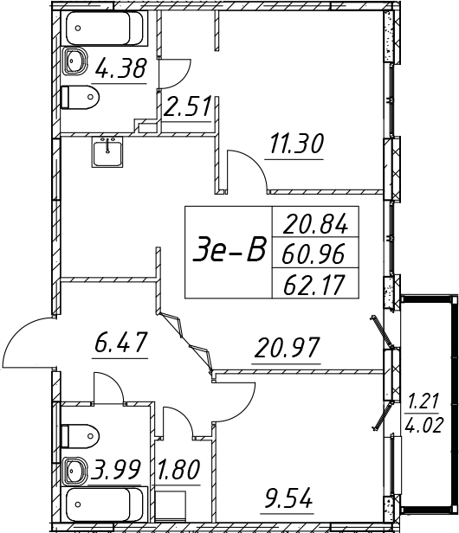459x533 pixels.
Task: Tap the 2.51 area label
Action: tap(187, 106)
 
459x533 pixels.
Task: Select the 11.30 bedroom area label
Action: tap(295, 144)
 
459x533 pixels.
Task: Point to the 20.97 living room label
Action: tap(287, 348)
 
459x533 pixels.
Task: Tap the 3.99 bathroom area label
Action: tap(114, 470)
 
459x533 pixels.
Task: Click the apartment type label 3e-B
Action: tap(229, 252)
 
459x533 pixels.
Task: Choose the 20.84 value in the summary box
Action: tap(315, 223)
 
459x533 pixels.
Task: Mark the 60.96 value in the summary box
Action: tap(313, 254)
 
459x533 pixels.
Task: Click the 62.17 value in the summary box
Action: tap(314, 285)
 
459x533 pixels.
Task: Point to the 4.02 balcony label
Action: tap(424, 425)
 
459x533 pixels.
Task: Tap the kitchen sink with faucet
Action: tap(107, 151)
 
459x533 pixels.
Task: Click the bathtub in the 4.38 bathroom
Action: tap(104, 29)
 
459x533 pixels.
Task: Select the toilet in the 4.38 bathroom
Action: tap(80, 97)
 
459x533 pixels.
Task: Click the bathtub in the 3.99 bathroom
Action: tap(104, 504)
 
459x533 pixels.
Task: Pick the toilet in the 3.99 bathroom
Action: tap(80, 435)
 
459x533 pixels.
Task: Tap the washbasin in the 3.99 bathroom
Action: tap(75, 471)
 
